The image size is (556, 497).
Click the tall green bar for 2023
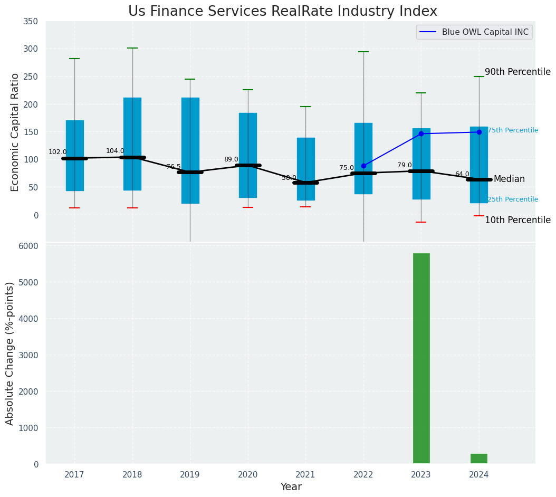(x=421, y=358)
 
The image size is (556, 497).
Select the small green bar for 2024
(x=478, y=458)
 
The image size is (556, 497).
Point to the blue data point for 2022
(x=363, y=166)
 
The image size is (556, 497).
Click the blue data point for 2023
(x=421, y=133)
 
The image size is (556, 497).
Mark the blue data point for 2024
(x=479, y=132)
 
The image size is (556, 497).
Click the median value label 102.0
(x=57, y=152)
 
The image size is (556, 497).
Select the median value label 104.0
(x=115, y=151)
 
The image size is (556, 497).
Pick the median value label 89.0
(x=231, y=159)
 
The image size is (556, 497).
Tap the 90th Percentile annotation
(x=517, y=72)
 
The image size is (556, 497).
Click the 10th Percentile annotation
(x=517, y=220)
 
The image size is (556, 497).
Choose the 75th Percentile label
(x=512, y=130)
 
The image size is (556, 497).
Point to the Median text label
(x=509, y=179)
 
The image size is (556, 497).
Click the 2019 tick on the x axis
(x=190, y=475)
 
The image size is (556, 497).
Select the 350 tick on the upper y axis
(x=31, y=21)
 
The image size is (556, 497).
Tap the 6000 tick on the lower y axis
(x=28, y=246)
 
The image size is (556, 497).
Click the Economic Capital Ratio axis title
(x=15, y=132)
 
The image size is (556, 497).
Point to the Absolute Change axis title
(x=10, y=353)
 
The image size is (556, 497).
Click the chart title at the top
(x=283, y=11)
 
